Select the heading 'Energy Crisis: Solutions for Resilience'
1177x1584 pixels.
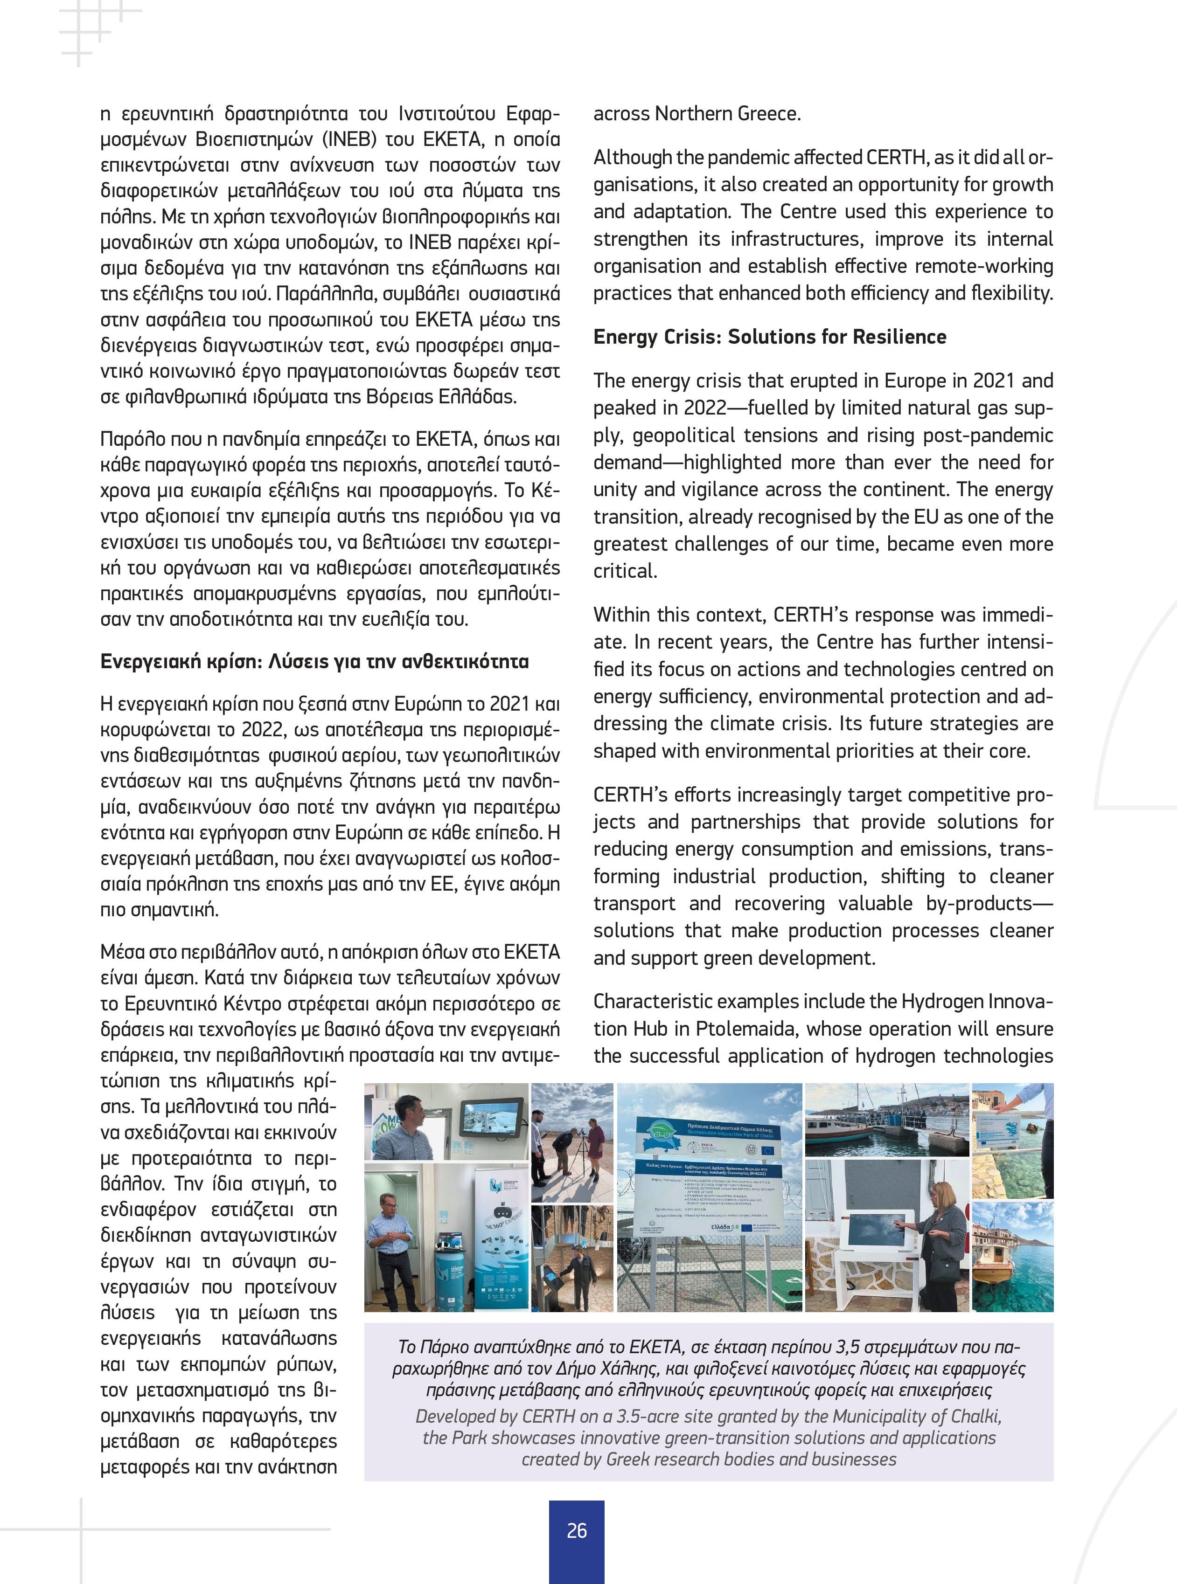pos(769,337)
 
